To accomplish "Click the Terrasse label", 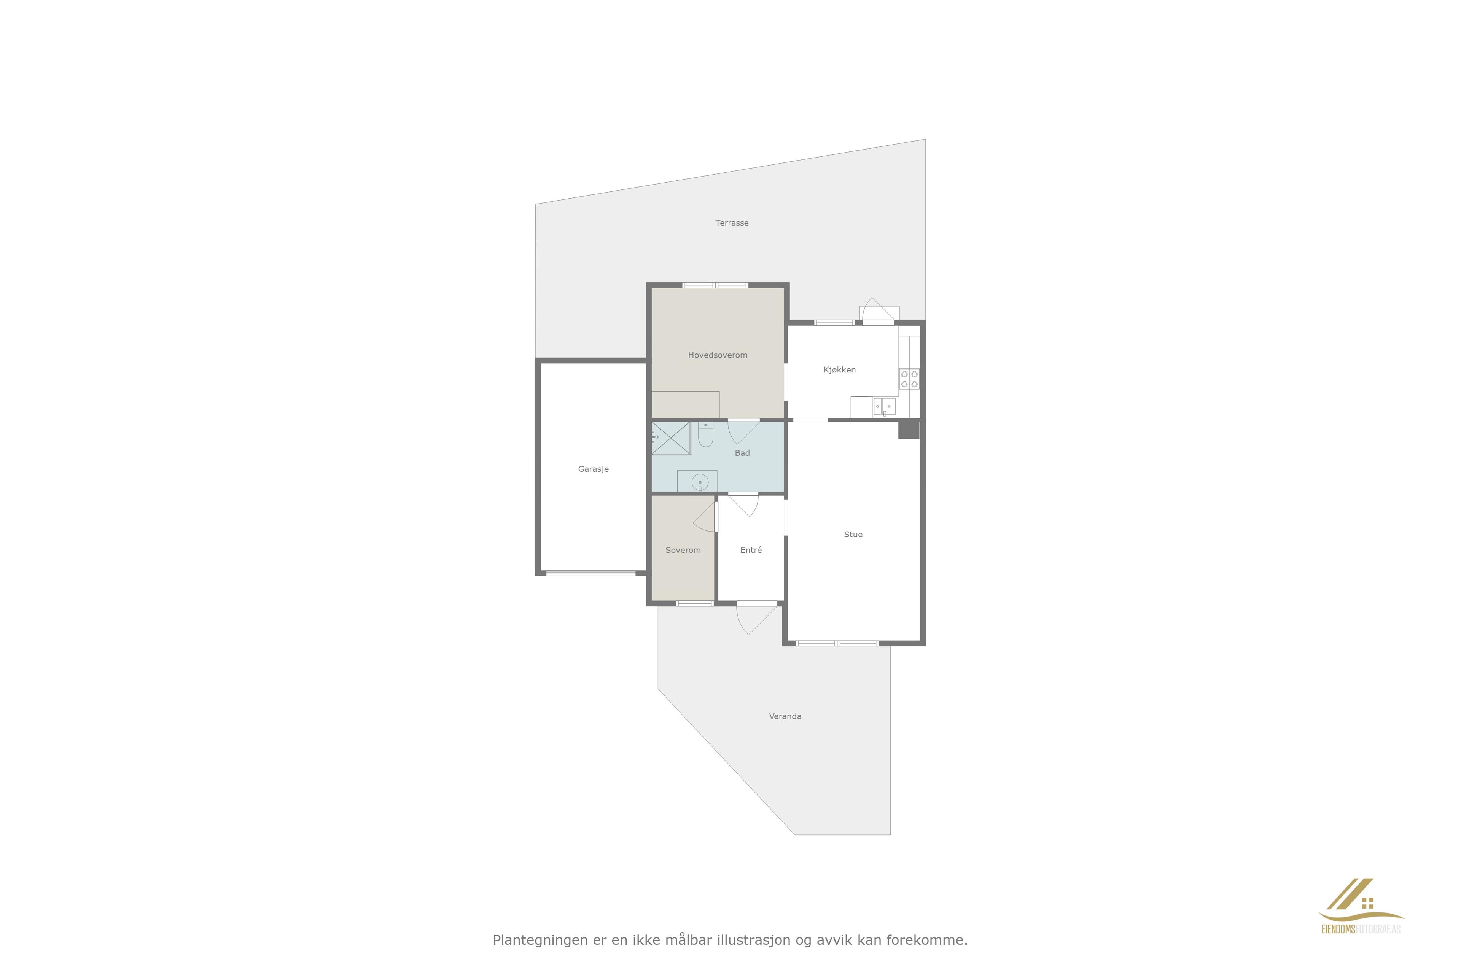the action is click(732, 223).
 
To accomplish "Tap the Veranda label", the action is click(785, 716).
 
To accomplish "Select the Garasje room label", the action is click(593, 469).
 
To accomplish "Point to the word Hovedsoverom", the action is click(718, 355).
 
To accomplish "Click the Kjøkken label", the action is click(840, 369).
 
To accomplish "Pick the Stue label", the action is click(853, 534).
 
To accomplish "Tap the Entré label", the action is click(751, 550).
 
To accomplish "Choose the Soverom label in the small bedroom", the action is click(683, 550).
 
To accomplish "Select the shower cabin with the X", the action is click(671, 438).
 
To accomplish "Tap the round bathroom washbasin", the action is click(700, 482).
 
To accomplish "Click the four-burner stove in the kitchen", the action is click(909, 379).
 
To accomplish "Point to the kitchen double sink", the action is click(884, 406).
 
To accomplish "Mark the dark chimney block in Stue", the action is click(908, 429).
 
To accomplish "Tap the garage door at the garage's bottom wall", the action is click(591, 573).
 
